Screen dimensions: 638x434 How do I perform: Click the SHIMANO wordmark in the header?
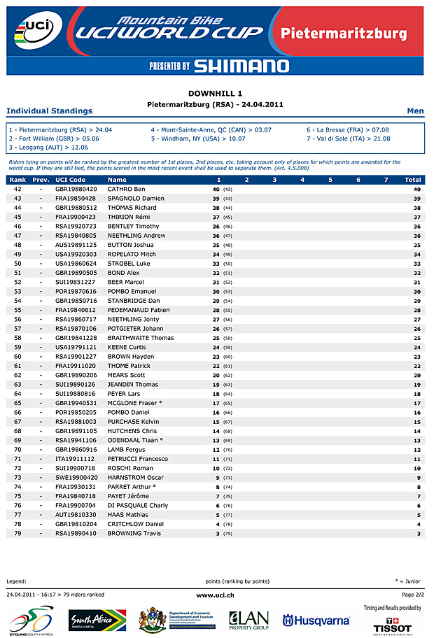click(241, 66)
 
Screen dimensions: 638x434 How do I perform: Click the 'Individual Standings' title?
click(49, 111)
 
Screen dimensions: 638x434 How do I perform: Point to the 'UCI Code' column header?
click(70, 180)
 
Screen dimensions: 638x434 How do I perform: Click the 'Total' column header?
click(412, 180)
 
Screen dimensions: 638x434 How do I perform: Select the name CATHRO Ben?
click(127, 189)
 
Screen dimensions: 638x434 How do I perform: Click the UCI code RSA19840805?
click(76, 236)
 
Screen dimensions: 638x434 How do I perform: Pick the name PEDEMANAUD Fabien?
click(139, 310)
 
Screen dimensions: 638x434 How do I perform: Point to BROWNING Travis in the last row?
click(134, 533)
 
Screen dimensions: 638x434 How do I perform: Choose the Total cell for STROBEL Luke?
click(416, 264)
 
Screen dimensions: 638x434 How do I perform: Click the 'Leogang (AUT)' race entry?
click(49, 148)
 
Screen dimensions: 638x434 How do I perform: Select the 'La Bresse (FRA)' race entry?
click(347, 130)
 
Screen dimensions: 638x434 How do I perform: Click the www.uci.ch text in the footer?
click(215, 595)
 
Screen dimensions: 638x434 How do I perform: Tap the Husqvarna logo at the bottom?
click(316, 621)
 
